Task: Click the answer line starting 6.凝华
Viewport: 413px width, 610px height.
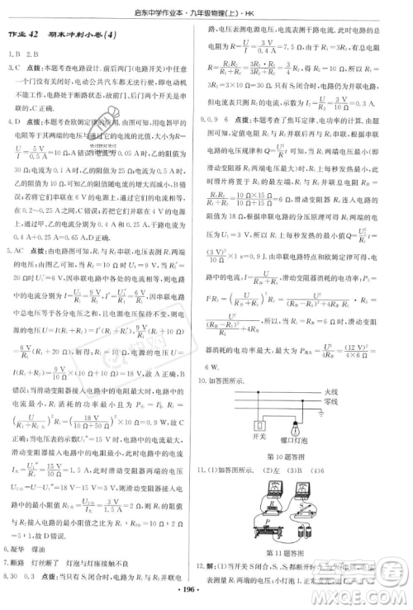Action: coord(33,548)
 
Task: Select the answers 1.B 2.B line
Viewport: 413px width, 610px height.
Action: coord(24,55)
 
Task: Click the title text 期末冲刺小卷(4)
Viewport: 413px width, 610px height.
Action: coord(88,32)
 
